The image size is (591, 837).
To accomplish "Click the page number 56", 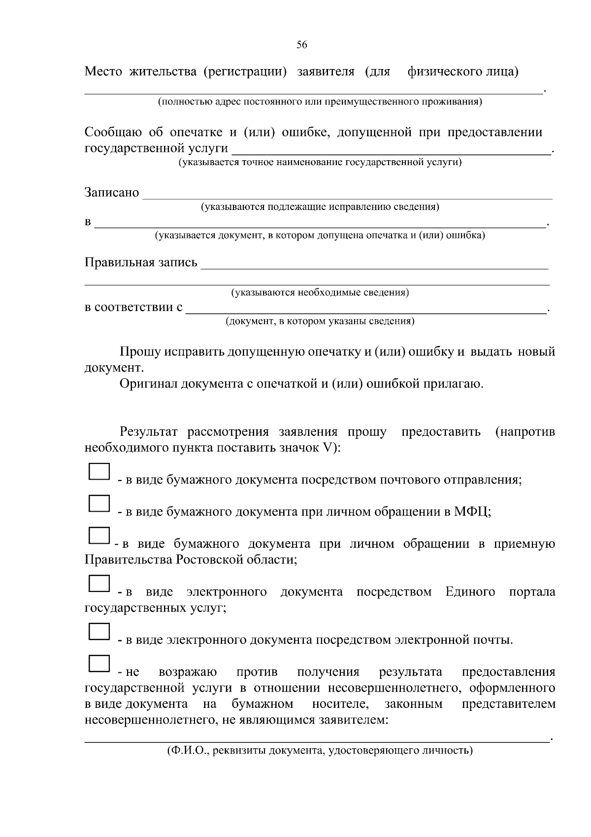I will (x=301, y=45).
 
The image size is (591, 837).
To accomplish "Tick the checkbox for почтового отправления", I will (x=99, y=471).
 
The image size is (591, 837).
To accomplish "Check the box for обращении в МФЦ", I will (x=99, y=503).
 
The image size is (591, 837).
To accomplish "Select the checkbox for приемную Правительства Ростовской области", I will (x=99, y=535).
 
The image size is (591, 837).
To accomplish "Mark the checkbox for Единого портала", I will (x=99, y=583).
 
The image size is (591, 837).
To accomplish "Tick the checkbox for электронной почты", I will (x=99, y=631).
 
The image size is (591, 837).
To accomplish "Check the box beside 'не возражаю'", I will (x=99, y=663).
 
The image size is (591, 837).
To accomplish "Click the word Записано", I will (x=112, y=193).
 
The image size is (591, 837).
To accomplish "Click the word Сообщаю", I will (x=113, y=133).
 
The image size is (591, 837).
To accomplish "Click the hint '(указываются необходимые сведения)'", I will (x=320, y=293).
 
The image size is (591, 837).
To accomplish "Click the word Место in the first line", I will (x=103, y=72).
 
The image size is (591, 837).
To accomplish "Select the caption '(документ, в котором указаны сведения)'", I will (x=320, y=321).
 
